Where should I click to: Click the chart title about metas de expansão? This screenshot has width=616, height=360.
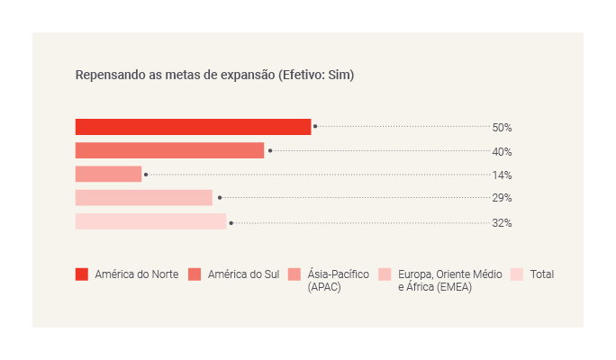pos(214,75)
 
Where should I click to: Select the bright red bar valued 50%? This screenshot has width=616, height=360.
pos(193,127)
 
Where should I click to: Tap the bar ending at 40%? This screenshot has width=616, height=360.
pos(169,150)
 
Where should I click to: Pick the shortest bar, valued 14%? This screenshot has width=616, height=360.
pos(108,174)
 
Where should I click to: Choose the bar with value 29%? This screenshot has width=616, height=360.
pos(144,198)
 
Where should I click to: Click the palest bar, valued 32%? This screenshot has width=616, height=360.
pos(150,221)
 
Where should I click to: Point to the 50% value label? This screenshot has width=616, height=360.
pos(502,128)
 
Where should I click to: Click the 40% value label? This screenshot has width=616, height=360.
pos(502,152)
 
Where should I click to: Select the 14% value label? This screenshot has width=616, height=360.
pos(502,175)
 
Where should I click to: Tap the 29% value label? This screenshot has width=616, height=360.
pos(502,198)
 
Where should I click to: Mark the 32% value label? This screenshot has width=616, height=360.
pos(502,223)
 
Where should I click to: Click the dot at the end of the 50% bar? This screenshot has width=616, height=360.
pos(315,127)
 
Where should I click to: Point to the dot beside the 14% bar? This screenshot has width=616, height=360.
pos(146,175)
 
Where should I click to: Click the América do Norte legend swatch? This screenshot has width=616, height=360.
pos(82,274)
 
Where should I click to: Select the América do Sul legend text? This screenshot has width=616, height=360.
pos(243,274)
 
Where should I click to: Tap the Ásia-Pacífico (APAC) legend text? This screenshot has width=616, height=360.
pos(339,280)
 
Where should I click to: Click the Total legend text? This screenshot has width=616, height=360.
pos(542,274)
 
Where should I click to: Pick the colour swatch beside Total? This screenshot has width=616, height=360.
pos(517,274)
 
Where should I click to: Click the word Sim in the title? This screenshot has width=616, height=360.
pos(341,75)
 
